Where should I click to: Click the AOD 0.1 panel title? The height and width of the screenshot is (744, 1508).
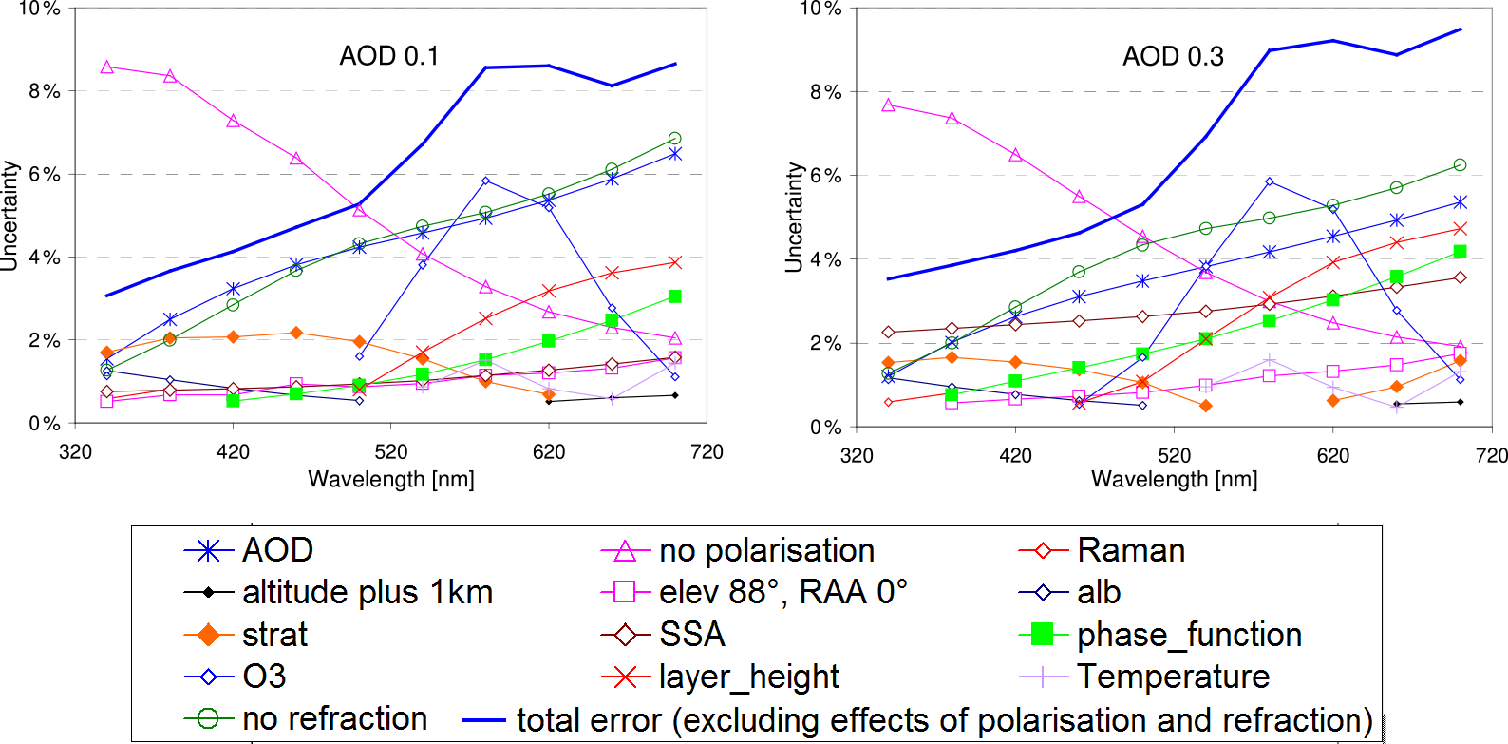389,56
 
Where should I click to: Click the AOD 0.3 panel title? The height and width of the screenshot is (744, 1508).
1173,56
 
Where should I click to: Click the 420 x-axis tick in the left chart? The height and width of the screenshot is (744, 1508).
233,452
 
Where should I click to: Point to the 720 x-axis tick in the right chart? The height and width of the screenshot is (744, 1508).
1492,455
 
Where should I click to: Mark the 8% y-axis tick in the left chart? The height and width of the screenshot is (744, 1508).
44,91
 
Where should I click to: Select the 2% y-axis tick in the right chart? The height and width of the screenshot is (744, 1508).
826,343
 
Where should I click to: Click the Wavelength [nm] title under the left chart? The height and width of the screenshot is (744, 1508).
391,479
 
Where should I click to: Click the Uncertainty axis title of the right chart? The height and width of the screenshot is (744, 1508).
794,218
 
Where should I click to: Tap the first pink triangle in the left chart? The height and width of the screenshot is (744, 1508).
106,67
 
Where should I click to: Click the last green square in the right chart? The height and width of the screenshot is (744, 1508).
1461,251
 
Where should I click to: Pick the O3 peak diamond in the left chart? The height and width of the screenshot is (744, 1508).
485,181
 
